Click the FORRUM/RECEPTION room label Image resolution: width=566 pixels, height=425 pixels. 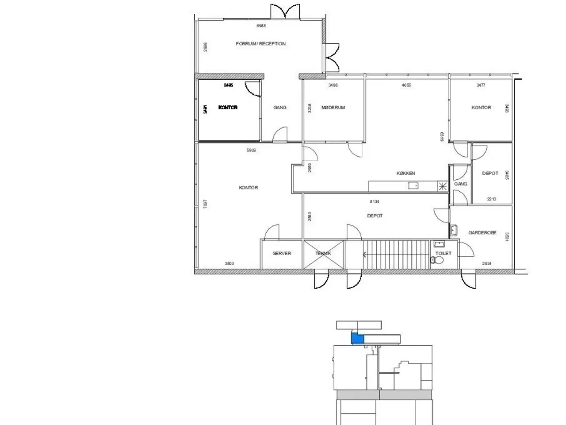260,44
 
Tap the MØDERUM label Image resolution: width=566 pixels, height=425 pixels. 333,108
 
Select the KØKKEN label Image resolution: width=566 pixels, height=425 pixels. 405,174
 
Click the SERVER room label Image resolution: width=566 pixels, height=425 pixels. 282,254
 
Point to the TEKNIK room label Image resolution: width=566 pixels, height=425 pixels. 323,254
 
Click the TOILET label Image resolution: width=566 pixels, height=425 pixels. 444,253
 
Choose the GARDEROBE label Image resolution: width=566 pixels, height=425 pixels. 482,233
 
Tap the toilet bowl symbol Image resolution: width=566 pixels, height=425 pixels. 435,260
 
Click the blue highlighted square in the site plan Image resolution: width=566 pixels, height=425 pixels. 357,339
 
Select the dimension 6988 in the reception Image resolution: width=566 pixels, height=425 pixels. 261,26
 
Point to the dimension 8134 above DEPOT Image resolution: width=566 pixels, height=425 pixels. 374,202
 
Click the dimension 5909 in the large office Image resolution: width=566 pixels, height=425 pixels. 251,151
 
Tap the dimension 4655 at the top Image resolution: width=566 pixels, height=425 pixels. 406,85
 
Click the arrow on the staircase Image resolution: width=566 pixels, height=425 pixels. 365,255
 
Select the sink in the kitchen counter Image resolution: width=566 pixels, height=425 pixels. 413,186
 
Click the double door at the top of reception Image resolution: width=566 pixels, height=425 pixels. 286,11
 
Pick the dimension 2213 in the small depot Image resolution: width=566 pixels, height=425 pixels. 491,199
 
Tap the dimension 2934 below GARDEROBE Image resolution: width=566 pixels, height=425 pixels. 486,264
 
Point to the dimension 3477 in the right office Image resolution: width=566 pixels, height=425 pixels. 481,85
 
